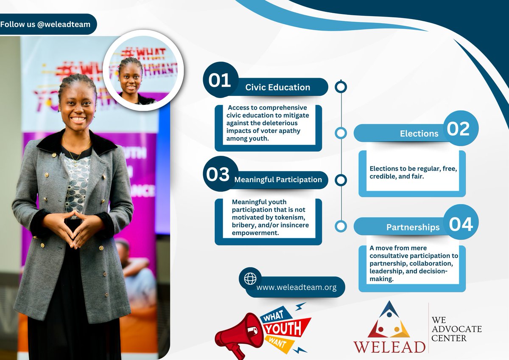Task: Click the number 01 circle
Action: click(x=220, y=80)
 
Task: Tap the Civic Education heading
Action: click(x=277, y=87)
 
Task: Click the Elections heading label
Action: click(x=419, y=134)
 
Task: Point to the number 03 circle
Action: click(x=218, y=174)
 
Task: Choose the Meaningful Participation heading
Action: click(x=278, y=180)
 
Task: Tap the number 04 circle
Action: click(x=460, y=224)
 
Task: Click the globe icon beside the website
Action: click(x=250, y=278)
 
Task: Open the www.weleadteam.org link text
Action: click(x=296, y=287)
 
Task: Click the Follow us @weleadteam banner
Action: click(x=45, y=24)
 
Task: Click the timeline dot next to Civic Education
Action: click(x=341, y=87)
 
